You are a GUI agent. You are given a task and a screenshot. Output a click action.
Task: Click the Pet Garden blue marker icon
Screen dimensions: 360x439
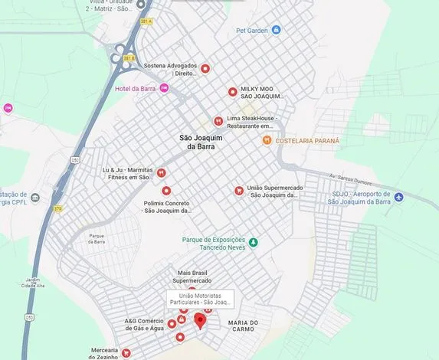click(277, 30)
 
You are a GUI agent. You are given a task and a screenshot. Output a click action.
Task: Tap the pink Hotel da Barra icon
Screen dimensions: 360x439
click(164, 88)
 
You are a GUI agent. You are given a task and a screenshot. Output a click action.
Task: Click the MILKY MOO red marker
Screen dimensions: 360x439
click(233, 92)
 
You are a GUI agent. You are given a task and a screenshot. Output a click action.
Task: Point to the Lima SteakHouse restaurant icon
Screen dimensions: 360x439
click(218, 120)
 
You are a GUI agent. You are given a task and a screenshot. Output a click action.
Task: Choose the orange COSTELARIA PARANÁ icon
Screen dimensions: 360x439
click(267, 140)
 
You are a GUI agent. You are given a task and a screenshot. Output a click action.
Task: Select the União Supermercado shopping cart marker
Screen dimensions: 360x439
click(239, 191)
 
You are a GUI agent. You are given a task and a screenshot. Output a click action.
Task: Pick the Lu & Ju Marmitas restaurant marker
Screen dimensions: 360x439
click(162, 173)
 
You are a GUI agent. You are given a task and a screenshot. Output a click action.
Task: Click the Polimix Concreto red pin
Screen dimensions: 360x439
click(165, 191)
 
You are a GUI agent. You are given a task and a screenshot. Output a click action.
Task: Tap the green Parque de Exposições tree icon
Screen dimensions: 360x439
click(254, 243)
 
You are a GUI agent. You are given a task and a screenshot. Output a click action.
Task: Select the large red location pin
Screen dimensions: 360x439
click(200, 320)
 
